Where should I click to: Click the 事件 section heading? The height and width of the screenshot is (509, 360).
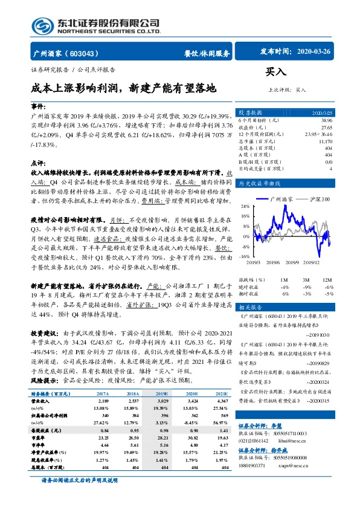coord(39,105)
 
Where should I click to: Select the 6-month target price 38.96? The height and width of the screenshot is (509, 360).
coord(326,121)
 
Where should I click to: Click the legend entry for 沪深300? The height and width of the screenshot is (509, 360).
coord(319,199)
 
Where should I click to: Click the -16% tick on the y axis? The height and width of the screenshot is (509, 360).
coord(244,256)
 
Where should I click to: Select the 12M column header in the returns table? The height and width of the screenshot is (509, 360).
coord(327,280)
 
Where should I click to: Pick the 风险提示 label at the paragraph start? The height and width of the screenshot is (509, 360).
coord(43,381)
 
